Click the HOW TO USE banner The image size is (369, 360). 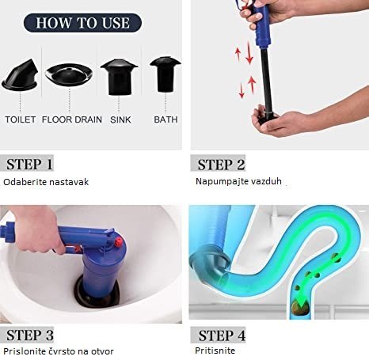pos(82,23)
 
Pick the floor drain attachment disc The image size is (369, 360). pos(69,74)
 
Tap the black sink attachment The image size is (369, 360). pos(119,77)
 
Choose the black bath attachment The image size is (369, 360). pos(165,74)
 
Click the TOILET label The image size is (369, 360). pos(21,119)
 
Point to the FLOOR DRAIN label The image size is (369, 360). pos(72,119)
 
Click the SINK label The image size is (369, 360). pos(120,119)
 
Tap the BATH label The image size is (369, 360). pos(165,119)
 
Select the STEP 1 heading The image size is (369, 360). pos(29,165)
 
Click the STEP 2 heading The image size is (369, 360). pos(221,165)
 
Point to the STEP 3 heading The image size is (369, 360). pos(30,335)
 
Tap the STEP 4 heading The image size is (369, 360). pos(222,335)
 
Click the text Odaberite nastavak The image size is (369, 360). pos(46,182)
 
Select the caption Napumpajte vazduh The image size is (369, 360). pos(238,181)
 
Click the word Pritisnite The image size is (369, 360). pos(215,351)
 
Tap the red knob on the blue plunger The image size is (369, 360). pos(119,241)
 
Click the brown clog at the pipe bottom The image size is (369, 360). pos(300,307)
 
